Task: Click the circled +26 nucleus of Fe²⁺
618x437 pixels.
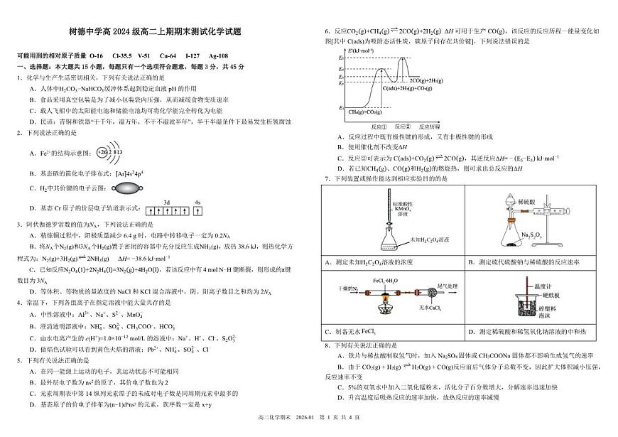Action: [102, 153]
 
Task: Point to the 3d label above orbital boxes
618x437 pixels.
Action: [166, 202]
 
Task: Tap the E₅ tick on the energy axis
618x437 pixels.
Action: [342, 56]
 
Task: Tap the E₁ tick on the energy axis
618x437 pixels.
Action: [342, 107]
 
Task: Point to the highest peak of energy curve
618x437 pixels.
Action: [405, 57]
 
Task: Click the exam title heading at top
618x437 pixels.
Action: [155, 31]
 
